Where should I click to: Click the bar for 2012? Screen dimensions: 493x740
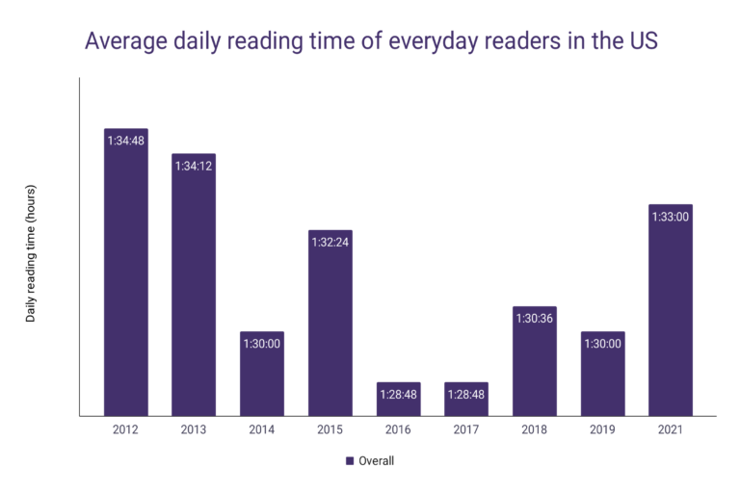125,279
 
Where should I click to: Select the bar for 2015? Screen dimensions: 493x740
330,327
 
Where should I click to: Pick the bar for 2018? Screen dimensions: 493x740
535,366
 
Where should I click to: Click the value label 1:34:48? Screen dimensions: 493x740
125,141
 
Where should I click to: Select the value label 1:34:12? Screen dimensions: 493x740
194,166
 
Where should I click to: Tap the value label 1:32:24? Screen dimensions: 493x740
330,242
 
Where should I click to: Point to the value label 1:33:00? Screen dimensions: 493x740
671,217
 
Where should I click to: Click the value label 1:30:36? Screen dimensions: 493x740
535,319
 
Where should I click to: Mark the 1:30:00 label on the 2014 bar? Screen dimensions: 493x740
262,344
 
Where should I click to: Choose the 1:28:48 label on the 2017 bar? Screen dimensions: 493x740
466,395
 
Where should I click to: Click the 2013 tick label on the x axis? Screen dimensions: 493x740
194,429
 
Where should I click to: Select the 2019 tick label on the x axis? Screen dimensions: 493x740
603,429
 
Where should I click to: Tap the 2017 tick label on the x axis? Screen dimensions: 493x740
466,429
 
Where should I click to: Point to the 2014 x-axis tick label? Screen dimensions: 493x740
262,429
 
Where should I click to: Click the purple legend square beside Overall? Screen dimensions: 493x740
350,460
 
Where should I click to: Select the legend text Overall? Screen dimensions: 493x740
377,460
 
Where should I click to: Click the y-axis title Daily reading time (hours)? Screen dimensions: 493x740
31,252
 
